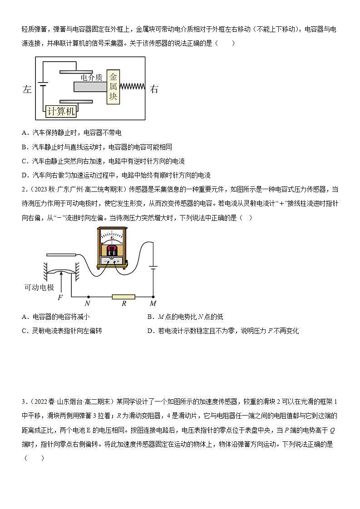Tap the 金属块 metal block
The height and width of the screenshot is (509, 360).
(x=113, y=87)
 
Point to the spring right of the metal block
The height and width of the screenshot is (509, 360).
(x=132, y=86)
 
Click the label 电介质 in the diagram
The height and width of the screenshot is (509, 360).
(x=92, y=78)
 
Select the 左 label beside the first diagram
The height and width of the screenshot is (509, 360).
(x=26, y=89)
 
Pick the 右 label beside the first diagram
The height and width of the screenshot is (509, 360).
(x=154, y=89)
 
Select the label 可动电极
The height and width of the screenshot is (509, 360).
(x=39, y=287)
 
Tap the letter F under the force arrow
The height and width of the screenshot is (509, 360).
(x=60, y=298)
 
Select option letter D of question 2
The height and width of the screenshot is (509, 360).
(x=150, y=331)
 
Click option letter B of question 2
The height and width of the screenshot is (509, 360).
(x=150, y=317)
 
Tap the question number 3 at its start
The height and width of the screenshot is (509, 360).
(x=23, y=402)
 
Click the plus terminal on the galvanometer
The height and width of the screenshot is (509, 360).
(x=118, y=261)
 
